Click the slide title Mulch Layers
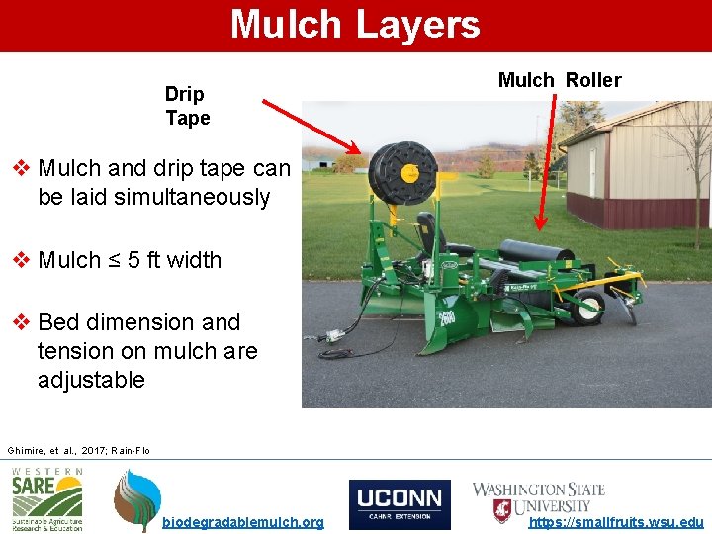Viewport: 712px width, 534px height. (355, 24)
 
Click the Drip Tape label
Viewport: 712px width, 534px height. (187, 106)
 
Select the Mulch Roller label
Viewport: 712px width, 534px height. (560, 80)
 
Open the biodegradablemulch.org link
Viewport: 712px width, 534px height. (242, 522)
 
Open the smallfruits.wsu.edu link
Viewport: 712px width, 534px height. (617, 522)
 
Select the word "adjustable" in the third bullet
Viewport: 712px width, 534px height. (91, 380)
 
